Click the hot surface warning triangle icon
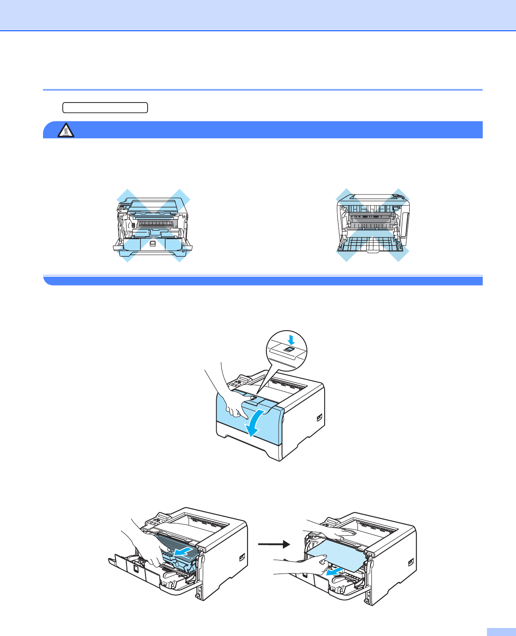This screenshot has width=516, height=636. tap(66, 131)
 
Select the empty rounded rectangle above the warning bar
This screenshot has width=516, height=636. tap(105, 108)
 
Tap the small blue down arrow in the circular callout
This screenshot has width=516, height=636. tap(290, 340)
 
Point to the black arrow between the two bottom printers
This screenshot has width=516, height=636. tap(274, 544)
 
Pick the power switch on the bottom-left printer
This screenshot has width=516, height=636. tap(242, 558)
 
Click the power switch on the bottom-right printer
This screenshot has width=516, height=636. tap(411, 563)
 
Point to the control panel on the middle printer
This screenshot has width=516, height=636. tap(238, 381)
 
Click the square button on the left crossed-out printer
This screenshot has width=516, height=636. tap(153, 244)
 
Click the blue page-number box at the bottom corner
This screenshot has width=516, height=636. tap(501, 631)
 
